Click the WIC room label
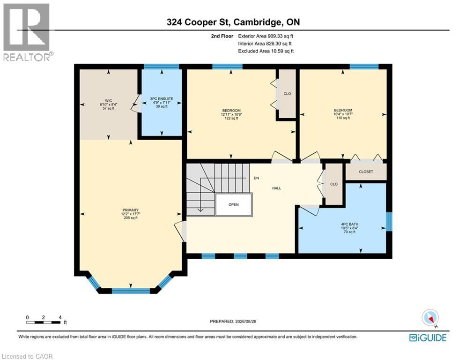(x=109, y=101)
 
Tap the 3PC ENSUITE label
(x=162, y=99)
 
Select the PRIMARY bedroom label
(x=131, y=210)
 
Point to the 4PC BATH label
(x=349, y=224)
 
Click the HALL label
(x=277, y=188)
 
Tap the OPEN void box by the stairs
(x=234, y=204)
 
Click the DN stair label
(x=256, y=178)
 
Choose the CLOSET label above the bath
(x=366, y=172)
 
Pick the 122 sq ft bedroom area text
(x=231, y=118)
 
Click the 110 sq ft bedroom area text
(x=343, y=118)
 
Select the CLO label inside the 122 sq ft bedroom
(x=287, y=94)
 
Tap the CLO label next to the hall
(x=334, y=184)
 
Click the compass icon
(x=430, y=317)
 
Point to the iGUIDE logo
(x=428, y=337)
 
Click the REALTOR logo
(x=27, y=32)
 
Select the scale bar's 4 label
(x=60, y=317)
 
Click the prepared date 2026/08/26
(x=245, y=321)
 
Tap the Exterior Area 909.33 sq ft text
(x=266, y=36)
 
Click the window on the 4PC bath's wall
(x=389, y=221)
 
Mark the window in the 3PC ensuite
(x=162, y=67)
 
